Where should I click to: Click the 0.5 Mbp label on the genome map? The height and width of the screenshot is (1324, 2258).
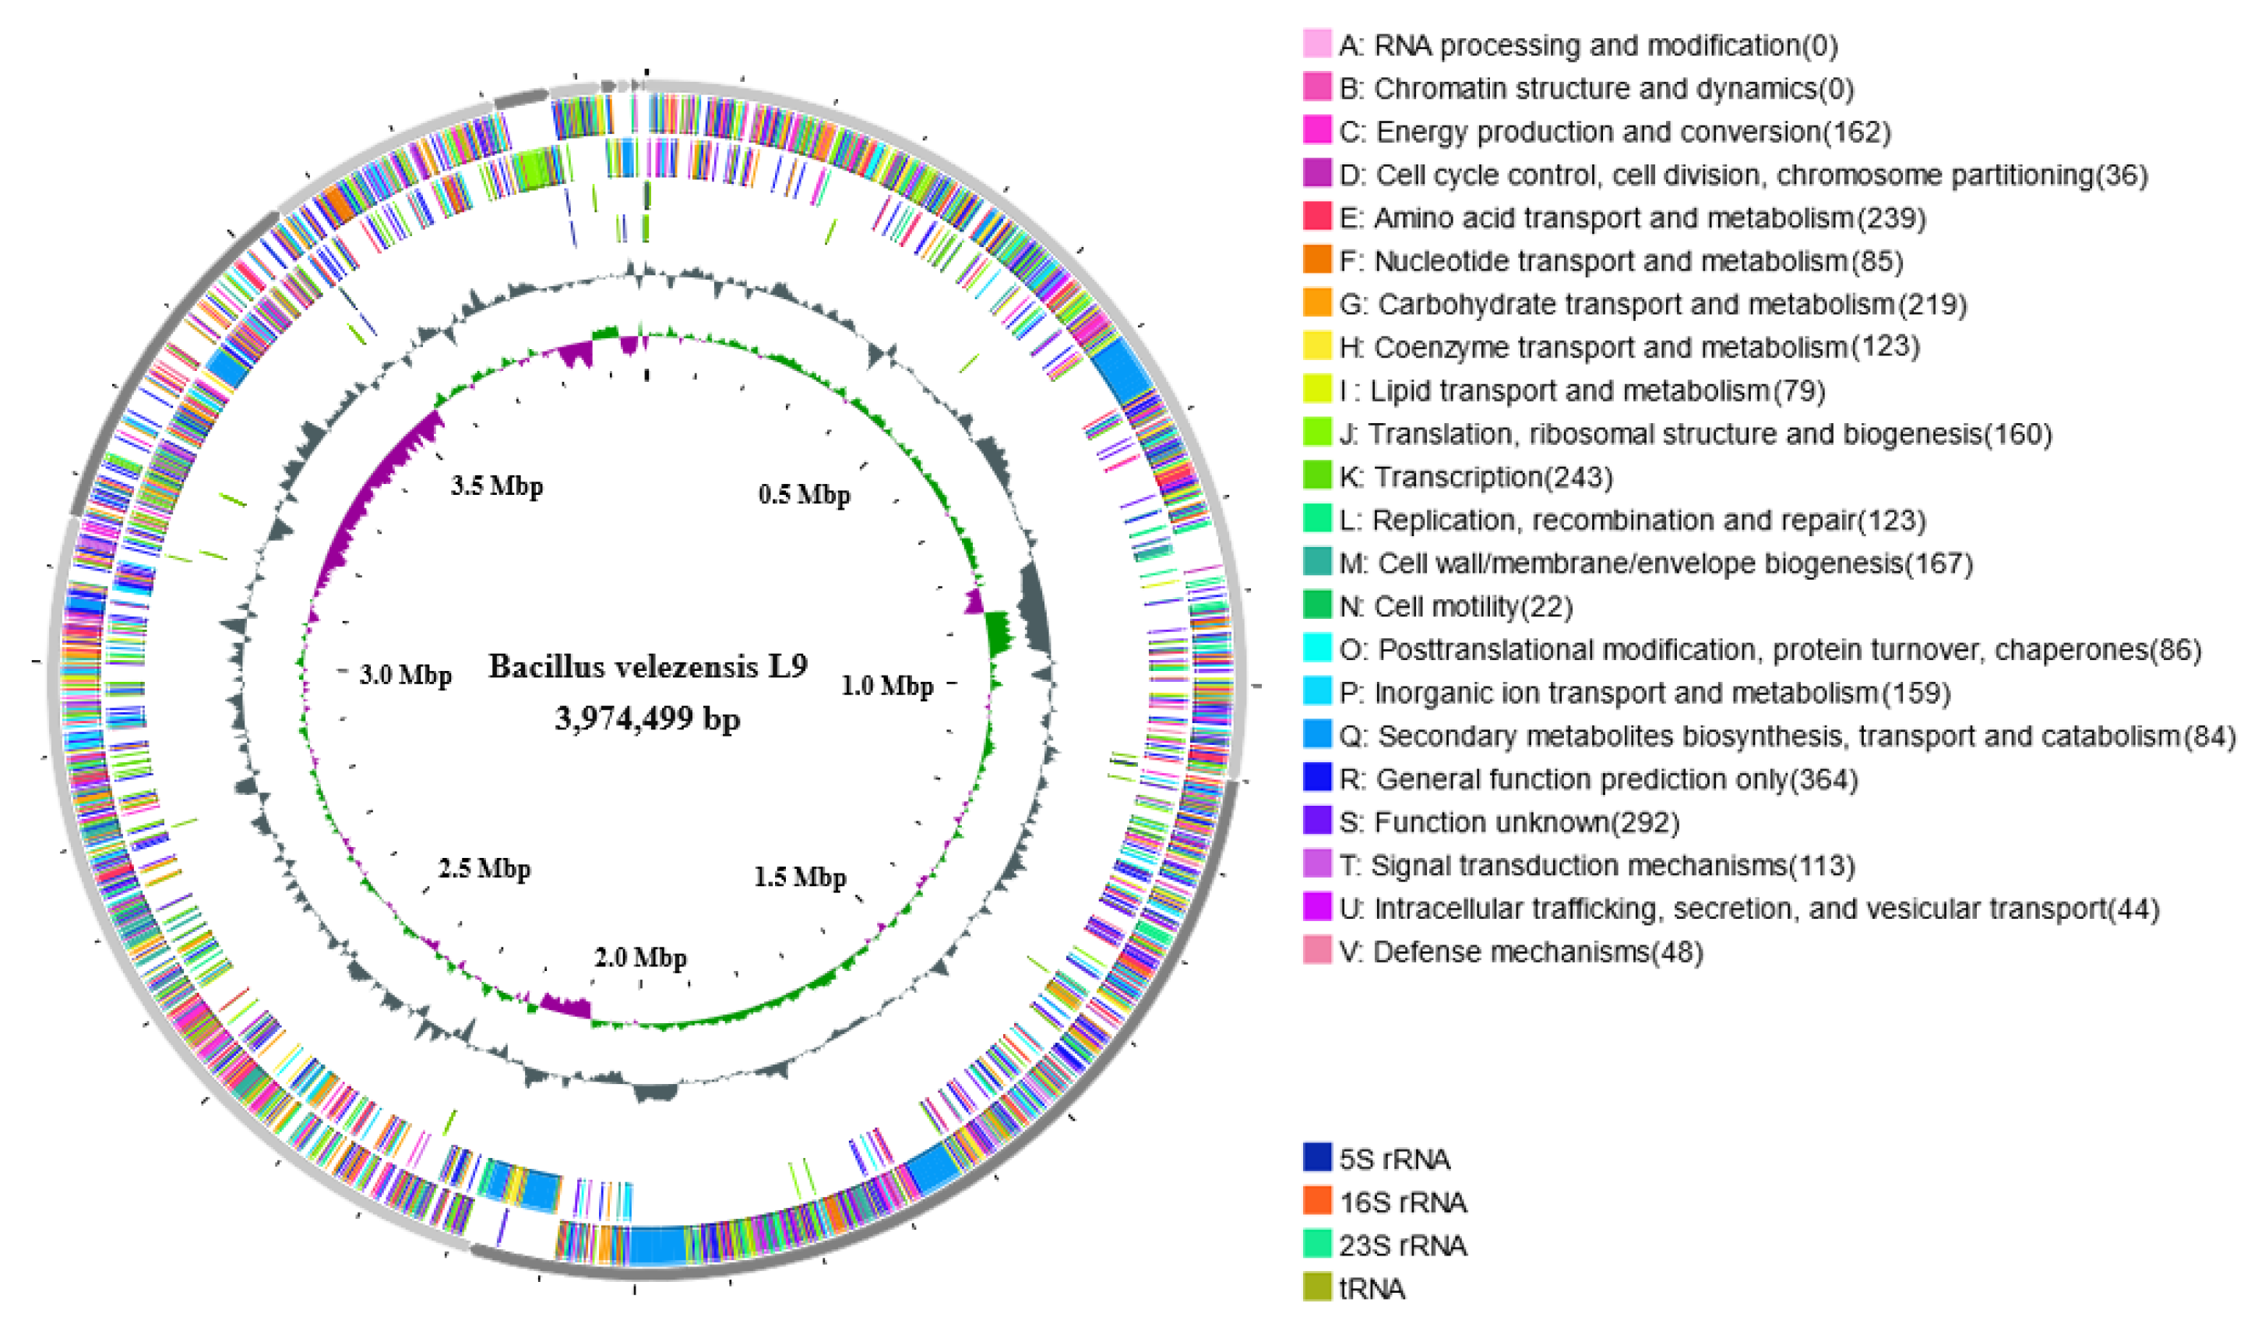(x=804, y=494)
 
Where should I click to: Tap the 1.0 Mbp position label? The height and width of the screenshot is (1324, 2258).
(x=886, y=686)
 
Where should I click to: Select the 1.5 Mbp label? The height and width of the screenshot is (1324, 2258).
(x=799, y=877)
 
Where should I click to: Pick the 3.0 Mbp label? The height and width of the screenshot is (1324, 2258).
(x=405, y=674)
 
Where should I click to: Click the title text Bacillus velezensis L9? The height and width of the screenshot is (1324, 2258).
(x=647, y=666)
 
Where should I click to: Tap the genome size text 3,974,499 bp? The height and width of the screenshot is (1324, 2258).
(x=647, y=718)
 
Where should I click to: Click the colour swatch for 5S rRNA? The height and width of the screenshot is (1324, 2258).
(x=1316, y=1157)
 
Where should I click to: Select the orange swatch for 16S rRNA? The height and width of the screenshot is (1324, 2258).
(x=1316, y=1200)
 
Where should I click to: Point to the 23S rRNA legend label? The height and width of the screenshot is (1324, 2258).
(x=1402, y=1245)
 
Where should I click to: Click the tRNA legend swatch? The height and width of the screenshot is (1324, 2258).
(x=1316, y=1287)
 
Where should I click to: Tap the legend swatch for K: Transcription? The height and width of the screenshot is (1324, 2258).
(x=1316, y=476)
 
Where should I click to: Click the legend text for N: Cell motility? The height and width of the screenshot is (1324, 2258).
(x=1455, y=607)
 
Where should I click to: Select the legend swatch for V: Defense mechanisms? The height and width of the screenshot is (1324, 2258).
(x=1316, y=951)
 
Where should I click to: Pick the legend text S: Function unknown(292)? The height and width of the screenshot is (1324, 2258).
(x=1509, y=822)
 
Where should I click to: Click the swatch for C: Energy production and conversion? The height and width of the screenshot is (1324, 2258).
(x=1316, y=131)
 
